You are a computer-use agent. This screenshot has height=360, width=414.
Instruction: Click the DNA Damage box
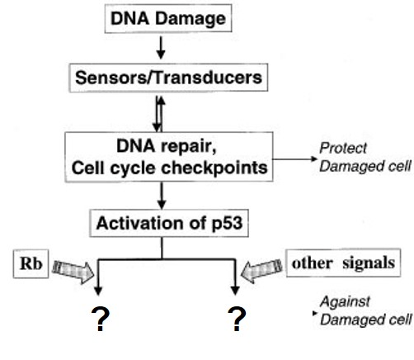point(168,18)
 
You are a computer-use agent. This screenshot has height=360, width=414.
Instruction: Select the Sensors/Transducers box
point(168,78)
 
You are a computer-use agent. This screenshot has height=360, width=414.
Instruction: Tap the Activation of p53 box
point(169,223)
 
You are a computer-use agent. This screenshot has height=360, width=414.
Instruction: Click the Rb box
point(31,263)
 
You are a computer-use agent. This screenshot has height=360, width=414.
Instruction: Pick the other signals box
point(343,263)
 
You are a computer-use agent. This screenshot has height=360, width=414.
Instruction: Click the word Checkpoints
point(214,168)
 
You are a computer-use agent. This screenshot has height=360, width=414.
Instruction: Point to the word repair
point(189,146)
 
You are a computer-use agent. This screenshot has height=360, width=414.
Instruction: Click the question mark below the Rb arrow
point(101,319)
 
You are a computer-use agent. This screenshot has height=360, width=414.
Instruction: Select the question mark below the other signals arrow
point(237,319)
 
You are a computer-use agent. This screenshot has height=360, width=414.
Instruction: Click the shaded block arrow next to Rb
point(73,272)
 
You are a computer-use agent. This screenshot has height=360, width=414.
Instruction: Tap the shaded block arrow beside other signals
point(261,270)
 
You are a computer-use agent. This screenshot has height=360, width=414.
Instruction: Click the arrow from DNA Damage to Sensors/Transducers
point(161,48)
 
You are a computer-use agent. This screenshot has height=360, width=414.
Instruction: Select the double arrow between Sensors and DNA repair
point(159,114)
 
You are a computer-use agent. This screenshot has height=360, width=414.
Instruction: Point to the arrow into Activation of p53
point(162,196)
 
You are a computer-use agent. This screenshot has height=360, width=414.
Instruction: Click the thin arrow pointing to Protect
point(294,159)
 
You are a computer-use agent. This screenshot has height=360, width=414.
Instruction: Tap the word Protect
point(343,148)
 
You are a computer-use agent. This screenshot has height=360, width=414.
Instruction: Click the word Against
point(346,301)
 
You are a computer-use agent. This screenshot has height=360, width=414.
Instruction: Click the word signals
point(369,263)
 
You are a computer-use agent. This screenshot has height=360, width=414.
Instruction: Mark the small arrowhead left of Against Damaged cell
point(315,313)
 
